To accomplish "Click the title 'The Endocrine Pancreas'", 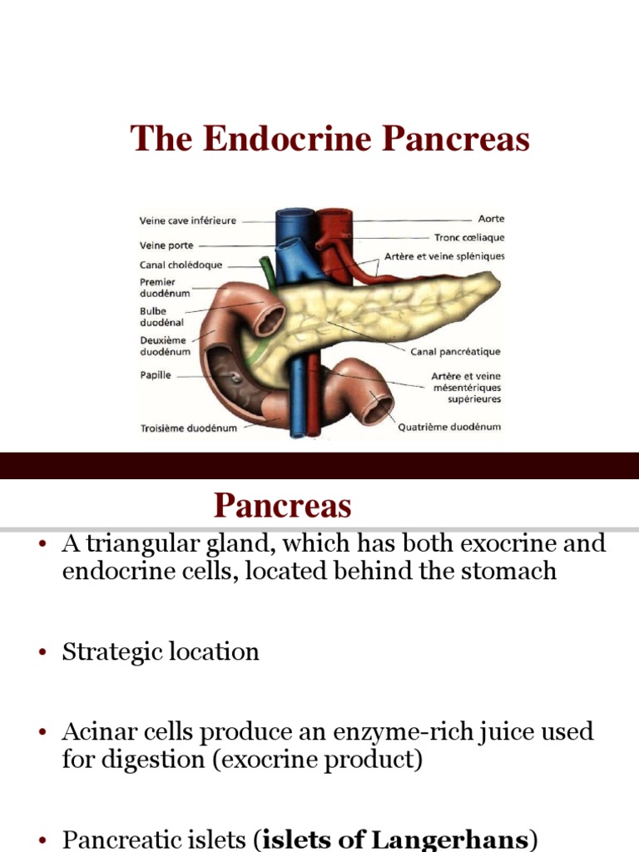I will coord(330,139).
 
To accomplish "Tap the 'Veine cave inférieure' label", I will coord(187,221).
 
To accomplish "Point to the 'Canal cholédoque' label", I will coord(181,265).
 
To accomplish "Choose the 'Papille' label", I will coord(155,375).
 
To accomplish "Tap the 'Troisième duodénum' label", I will coord(188,428).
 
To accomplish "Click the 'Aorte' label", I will coord(491,219).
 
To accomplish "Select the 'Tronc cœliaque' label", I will coord(469,238).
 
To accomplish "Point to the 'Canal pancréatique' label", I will coord(456,352).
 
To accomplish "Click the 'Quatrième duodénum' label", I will coord(449,428).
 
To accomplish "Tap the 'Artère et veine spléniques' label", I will coord(444,256).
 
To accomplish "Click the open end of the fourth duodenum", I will coord(381,407).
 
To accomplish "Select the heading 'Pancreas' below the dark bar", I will coord(282,505).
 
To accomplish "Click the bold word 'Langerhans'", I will coord(454,840).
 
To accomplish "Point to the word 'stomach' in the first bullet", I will coord(507,572).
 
